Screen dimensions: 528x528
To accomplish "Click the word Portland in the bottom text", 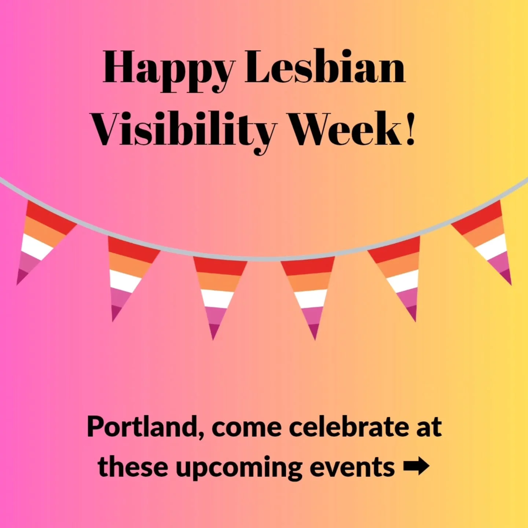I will click(x=143, y=428).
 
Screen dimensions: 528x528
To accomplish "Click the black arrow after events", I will click(x=416, y=467).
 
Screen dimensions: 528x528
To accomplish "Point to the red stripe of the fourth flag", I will click(x=308, y=267).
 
